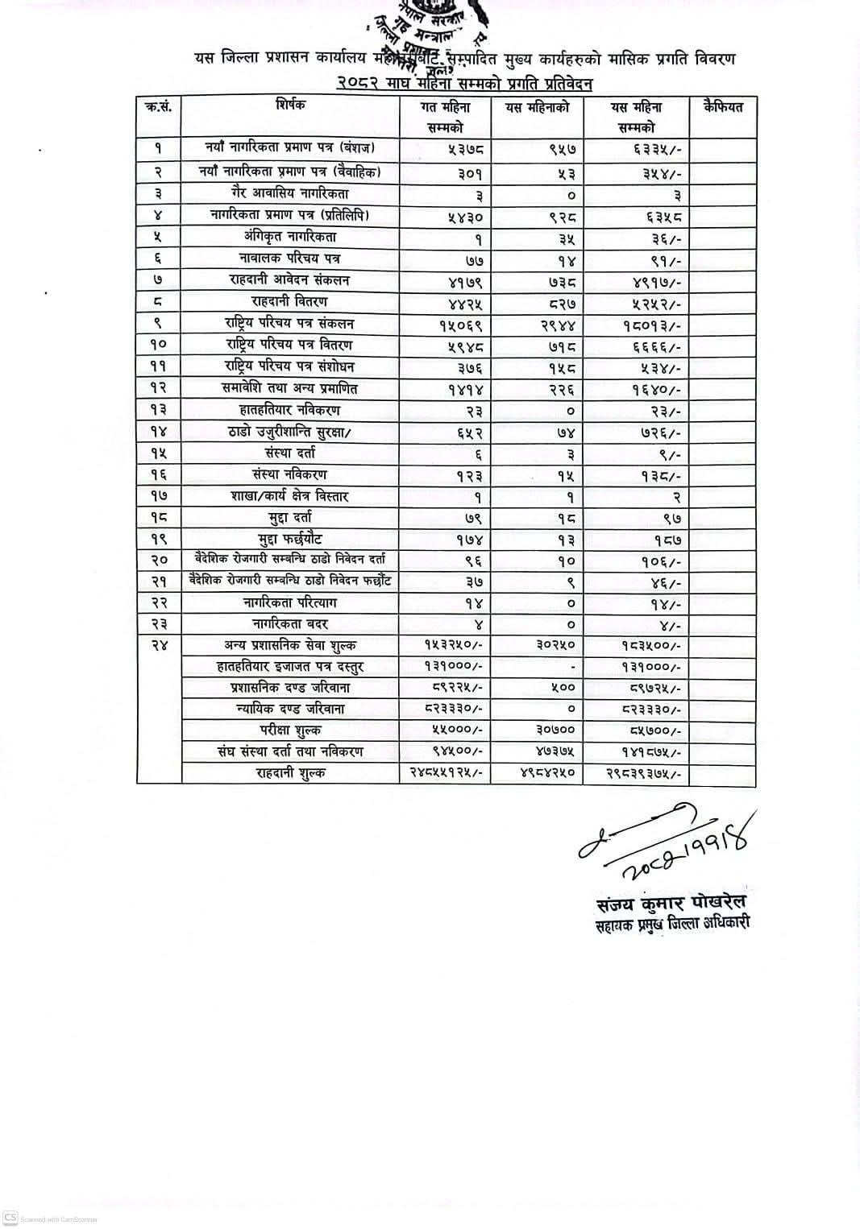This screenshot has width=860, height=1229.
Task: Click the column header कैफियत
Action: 722,107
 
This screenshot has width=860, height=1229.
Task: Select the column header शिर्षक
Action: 290,105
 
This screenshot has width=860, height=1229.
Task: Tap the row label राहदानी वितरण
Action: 289,301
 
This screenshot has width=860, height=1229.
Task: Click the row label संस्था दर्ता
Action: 289,453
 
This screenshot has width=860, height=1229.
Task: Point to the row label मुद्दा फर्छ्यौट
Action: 289,539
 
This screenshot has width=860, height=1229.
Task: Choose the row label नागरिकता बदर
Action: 289,623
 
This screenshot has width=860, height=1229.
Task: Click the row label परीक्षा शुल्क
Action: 289,730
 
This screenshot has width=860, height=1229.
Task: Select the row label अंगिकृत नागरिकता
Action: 289,237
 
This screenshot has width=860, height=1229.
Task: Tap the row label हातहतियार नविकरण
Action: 289,410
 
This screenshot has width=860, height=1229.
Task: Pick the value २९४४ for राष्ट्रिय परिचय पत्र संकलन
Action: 559,325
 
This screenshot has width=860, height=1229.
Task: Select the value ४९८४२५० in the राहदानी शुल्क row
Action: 548,773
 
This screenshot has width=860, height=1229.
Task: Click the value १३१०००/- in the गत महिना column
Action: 454,667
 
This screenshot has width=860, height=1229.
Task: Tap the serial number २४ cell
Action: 158,645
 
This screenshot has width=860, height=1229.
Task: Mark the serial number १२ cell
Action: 158,388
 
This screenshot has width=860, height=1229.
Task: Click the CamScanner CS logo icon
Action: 10,1218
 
